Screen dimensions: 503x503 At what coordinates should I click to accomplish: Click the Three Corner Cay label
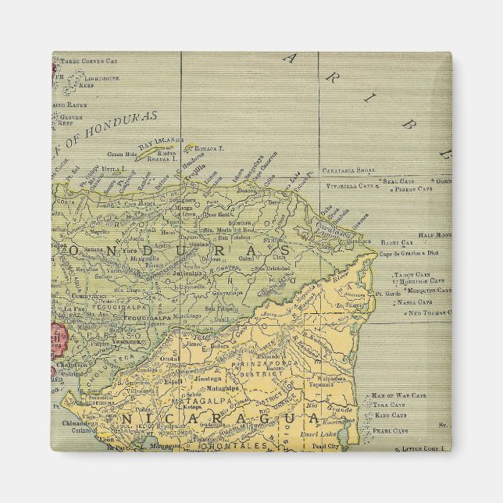tap(90, 60)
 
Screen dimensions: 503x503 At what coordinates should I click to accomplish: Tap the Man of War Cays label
tap(398, 396)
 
